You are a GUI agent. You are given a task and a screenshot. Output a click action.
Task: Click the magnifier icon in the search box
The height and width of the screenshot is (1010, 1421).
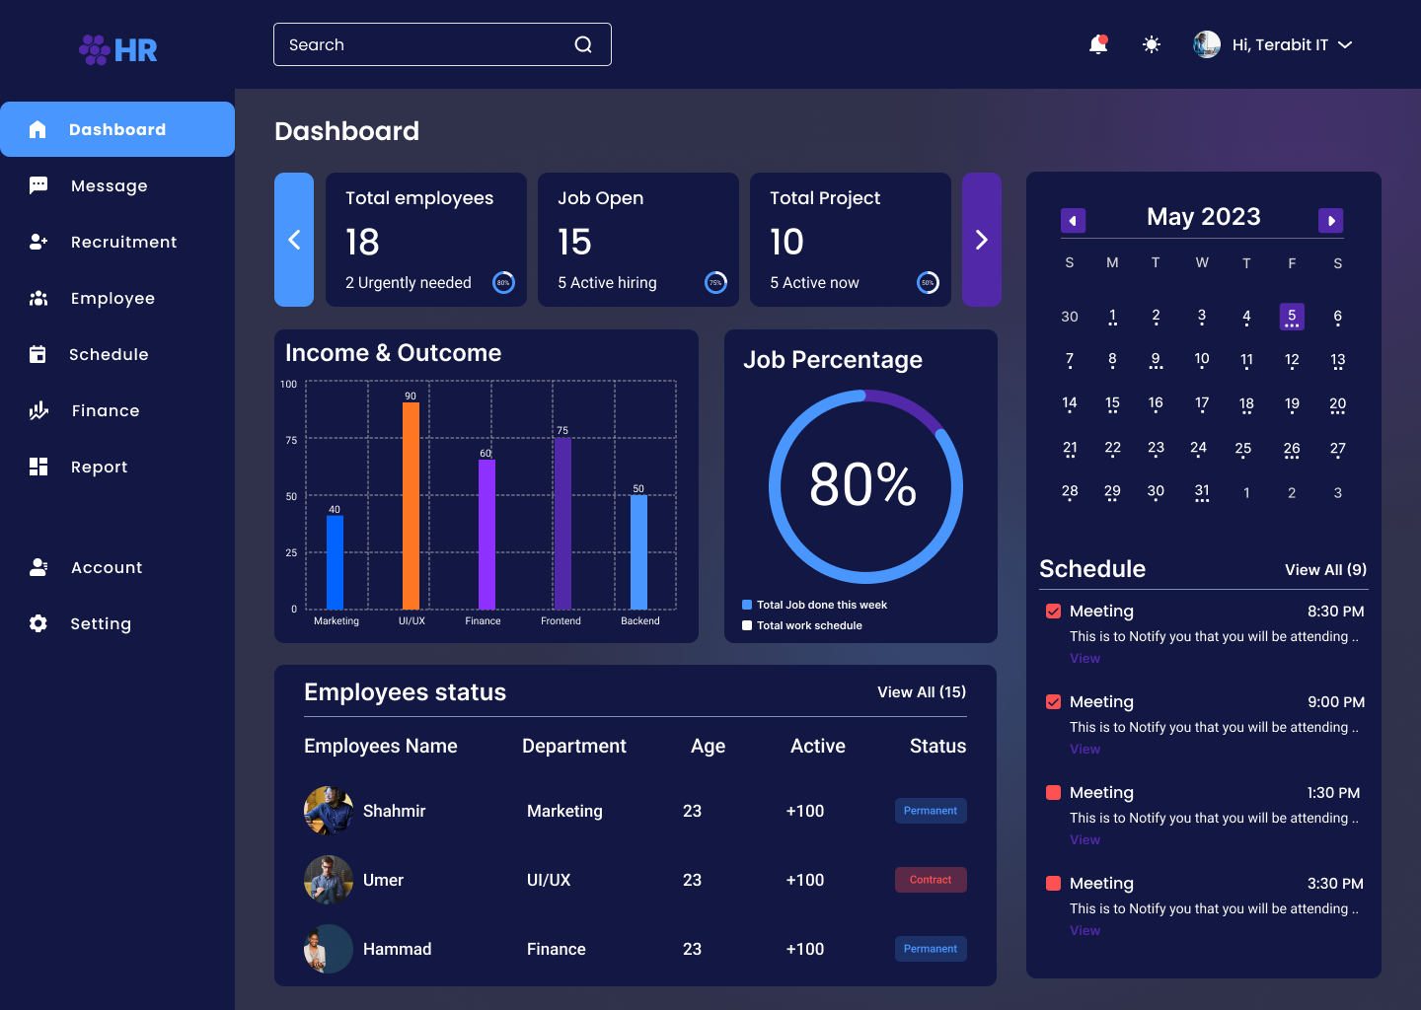tap(583, 44)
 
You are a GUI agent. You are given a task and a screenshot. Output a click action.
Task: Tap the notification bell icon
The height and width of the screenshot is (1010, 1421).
tap(1097, 44)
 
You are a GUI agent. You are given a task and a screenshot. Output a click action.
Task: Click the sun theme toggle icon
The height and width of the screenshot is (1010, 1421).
tap(1152, 44)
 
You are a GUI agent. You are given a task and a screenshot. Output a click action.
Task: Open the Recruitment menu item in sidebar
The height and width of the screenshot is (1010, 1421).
tap(123, 242)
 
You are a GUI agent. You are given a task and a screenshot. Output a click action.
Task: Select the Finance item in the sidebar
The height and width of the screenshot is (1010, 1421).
tap(105, 410)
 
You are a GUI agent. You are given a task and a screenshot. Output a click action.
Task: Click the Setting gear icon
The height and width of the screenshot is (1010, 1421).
tap(38, 623)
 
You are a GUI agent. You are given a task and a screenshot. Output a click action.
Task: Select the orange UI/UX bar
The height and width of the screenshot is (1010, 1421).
tap(411, 505)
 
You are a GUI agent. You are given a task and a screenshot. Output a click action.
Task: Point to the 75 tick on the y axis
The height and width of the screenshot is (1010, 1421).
tap(291, 440)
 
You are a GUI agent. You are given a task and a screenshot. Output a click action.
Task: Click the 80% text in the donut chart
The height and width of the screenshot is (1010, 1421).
tap(863, 484)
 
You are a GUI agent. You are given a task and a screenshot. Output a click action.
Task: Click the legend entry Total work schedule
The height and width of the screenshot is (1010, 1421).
tap(808, 625)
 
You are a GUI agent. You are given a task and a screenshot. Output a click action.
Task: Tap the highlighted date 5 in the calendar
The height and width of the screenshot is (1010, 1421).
tap(1292, 316)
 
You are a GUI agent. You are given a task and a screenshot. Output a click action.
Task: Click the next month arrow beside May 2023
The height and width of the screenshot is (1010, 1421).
tap(1330, 221)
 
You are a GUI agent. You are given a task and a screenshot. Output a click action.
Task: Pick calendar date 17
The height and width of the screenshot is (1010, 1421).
tap(1201, 402)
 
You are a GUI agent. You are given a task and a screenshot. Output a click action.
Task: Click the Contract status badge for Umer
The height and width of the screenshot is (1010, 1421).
tap(931, 880)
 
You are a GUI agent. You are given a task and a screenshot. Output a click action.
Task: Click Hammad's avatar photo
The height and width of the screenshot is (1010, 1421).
tap(328, 949)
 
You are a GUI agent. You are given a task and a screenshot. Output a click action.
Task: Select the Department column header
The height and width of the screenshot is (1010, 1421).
tap(573, 746)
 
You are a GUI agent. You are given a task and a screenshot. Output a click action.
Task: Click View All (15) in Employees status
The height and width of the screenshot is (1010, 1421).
tap(921, 692)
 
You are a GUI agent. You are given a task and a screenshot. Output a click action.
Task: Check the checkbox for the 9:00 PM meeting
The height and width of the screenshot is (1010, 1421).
tap(1053, 702)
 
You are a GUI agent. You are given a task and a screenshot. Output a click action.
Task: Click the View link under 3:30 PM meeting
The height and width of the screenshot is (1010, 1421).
tap(1084, 930)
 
